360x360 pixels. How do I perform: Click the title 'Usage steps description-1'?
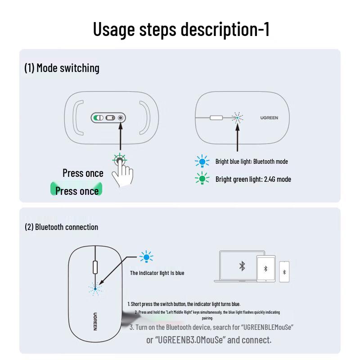pyautogui.click(x=181, y=29)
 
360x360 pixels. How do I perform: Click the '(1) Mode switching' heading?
pyautogui.click(x=62, y=68)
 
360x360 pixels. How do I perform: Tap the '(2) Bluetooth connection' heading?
pyautogui.click(x=61, y=227)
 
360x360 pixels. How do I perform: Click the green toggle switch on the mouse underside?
pyautogui.click(x=98, y=118)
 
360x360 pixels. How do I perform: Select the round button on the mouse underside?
pyautogui.click(x=120, y=118)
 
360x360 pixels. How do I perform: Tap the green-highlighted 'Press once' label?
pyautogui.click(x=76, y=191)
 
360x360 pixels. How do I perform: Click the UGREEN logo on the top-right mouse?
pyautogui.click(x=269, y=118)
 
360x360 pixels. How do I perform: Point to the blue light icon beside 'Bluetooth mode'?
pyautogui.click(x=202, y=162)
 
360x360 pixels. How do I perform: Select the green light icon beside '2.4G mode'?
pyautogui.click(x=202, y=179)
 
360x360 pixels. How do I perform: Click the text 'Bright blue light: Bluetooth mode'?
pyautogui.click(x=252, y=162)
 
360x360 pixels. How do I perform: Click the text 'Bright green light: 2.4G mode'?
pyautogui.click(x=253, y=179)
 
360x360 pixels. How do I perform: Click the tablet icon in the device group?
pyautogui.click(x=265, y=269)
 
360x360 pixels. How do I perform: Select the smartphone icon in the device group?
pyautogui.click(x=284, y=272)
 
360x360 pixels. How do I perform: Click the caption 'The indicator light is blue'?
pyautogui.click(x=157, y=273)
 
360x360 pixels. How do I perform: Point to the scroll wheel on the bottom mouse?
pyautogui.click(x=95, y=267)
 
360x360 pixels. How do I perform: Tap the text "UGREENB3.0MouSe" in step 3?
pyautogui.click(x=189, y=340)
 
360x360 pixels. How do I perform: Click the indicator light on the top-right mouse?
pyautogui.click(x=237, y=118)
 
